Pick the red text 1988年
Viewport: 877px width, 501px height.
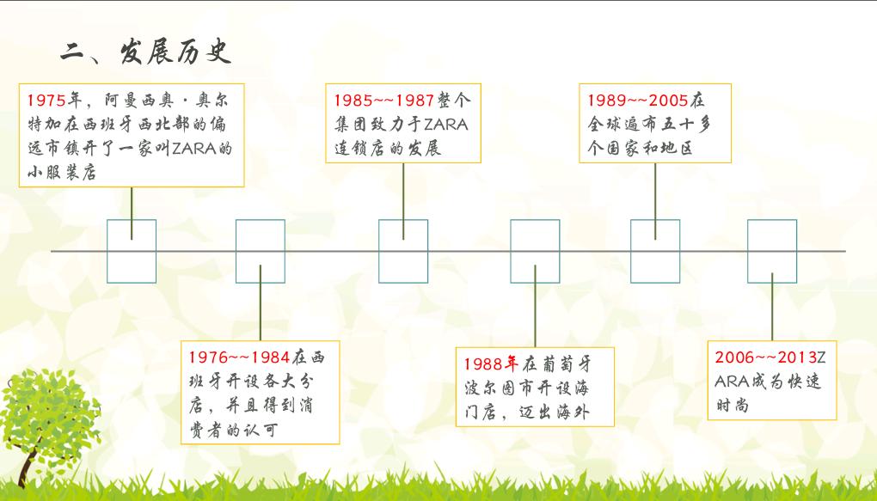tap(493, 362)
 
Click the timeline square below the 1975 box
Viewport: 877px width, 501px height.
tap(132, 251)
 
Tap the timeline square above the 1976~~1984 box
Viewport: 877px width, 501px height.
tap(261, 251)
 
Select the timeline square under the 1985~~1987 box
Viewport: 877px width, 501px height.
tap(403, 251)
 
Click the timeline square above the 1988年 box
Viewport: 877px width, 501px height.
tap(535, 251)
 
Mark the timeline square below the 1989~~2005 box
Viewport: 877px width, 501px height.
tap(655, 251)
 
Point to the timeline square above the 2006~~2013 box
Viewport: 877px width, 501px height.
tap(772, 251)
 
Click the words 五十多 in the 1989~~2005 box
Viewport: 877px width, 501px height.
tap(685, 124)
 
